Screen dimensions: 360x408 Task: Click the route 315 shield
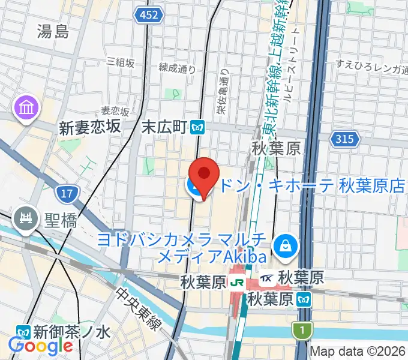click(x=344, y=139)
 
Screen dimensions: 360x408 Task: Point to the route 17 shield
click(x=66, y=193)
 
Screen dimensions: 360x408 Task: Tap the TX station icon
click(x=268, y=278)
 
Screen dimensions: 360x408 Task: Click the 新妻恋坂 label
click(x=90, y=127)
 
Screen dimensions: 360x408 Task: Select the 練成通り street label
click(x=178, y=69)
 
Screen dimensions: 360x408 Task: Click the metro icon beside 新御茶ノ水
click(x=23, y=331)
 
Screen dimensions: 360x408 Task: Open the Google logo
click(x=40, y=346)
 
